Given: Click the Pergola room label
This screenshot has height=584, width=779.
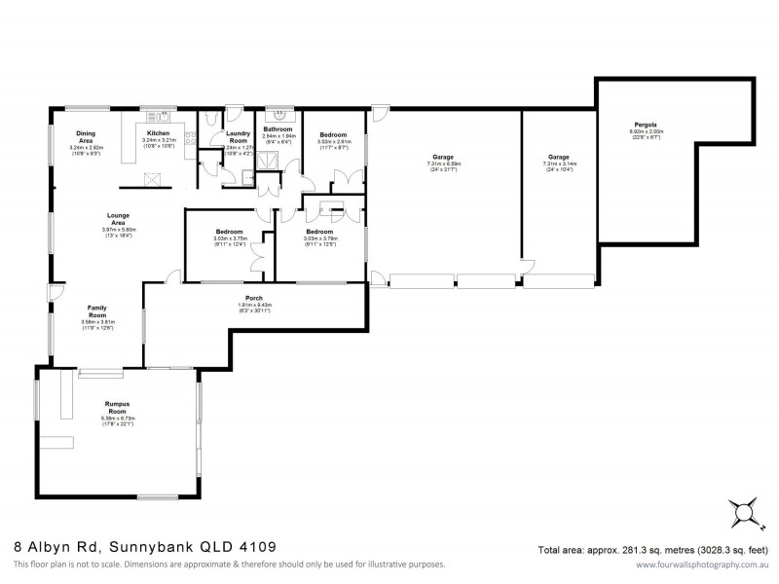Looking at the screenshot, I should pos(646,125).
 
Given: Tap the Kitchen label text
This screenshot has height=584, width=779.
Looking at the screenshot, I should pos(158,132).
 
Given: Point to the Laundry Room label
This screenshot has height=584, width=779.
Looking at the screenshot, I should pos(238,136).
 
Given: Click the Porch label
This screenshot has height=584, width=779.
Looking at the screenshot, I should pos(254,298).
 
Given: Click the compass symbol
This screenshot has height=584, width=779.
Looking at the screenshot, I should pos(745,512).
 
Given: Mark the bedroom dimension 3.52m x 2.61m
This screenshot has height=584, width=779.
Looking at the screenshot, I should pos(334,141).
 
